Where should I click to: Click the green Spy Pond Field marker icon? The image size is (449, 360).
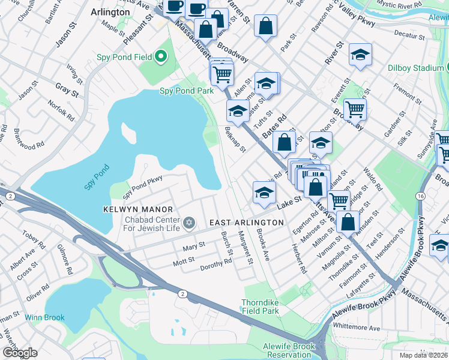(x=160, y=57)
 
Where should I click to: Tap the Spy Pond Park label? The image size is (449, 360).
(x=186, y=91)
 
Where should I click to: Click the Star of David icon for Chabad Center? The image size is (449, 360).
(x=190, y=223)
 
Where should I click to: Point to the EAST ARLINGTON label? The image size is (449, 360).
(x=246, y=223)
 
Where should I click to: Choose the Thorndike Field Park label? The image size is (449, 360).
(x=260, y=307)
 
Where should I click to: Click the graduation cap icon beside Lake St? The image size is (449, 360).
(x=263, y=193)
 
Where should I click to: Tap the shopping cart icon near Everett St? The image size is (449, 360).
(x=355, y=109)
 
